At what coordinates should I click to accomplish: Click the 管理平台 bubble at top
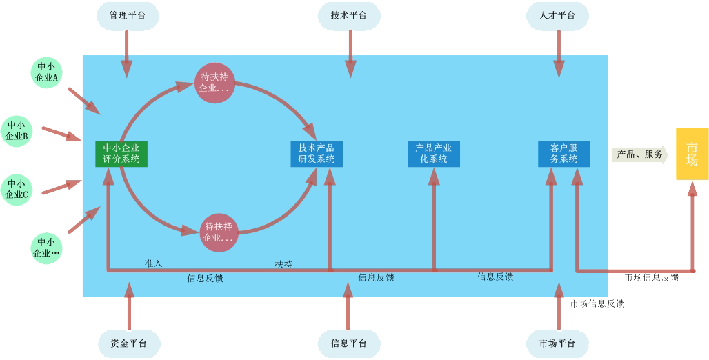tap(128, 16)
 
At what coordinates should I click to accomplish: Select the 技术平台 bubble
tap(349, 16)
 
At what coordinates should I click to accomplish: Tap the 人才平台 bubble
tap(557, 16)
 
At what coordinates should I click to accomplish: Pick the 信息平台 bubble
tap(349, 343)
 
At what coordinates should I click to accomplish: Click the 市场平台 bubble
tap(557, 343)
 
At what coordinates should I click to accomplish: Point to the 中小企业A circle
tap(46, 72)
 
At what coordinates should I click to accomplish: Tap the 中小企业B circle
tap(17, 130)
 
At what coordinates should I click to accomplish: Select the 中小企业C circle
tap(17, 189)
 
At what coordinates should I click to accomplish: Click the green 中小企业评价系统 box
tap(121, 153)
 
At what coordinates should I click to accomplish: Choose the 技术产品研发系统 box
tap(317, 153)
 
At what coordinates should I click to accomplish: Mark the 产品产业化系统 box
tap(434, 153)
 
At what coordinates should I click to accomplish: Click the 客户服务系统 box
tap(563, 153)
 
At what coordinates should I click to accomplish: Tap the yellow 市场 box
tap(692, 154)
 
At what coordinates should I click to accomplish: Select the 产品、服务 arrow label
tap(639, 154)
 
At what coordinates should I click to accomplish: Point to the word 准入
tap(153, 263)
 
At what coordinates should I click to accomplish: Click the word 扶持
tap(283, 264)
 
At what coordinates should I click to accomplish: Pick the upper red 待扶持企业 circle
tap(214, 82)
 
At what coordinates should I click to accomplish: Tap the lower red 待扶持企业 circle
tap(219, 232)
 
